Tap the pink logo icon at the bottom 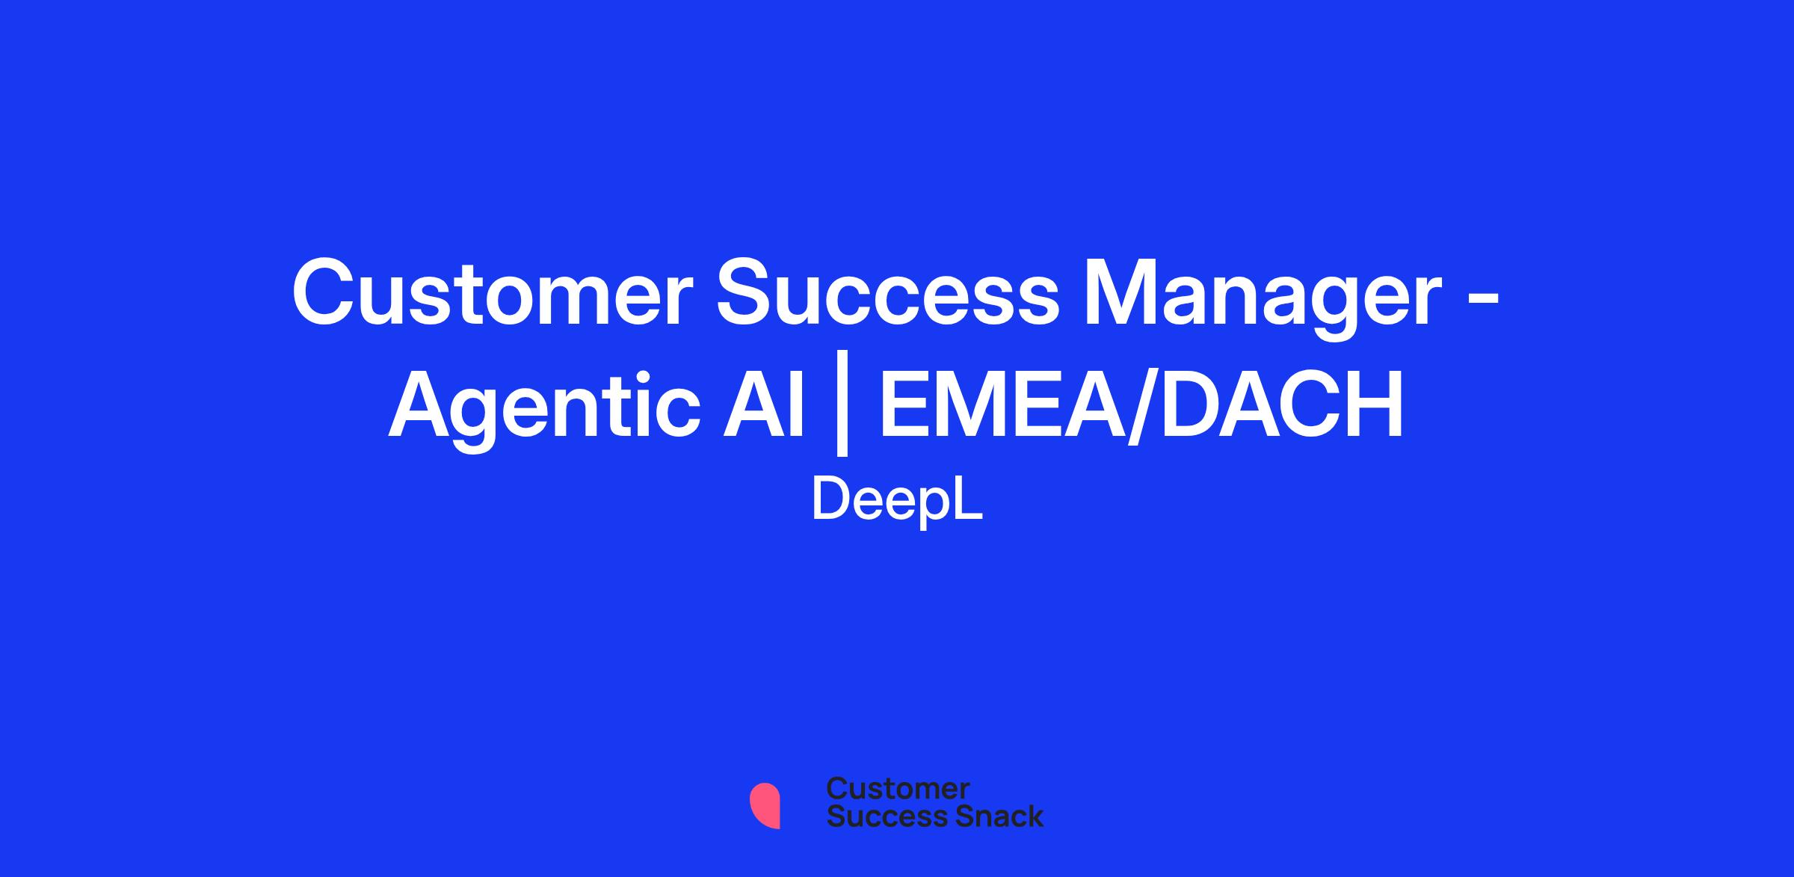(765, 805)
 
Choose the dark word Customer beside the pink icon (898, 789)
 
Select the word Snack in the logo (989, 816)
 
